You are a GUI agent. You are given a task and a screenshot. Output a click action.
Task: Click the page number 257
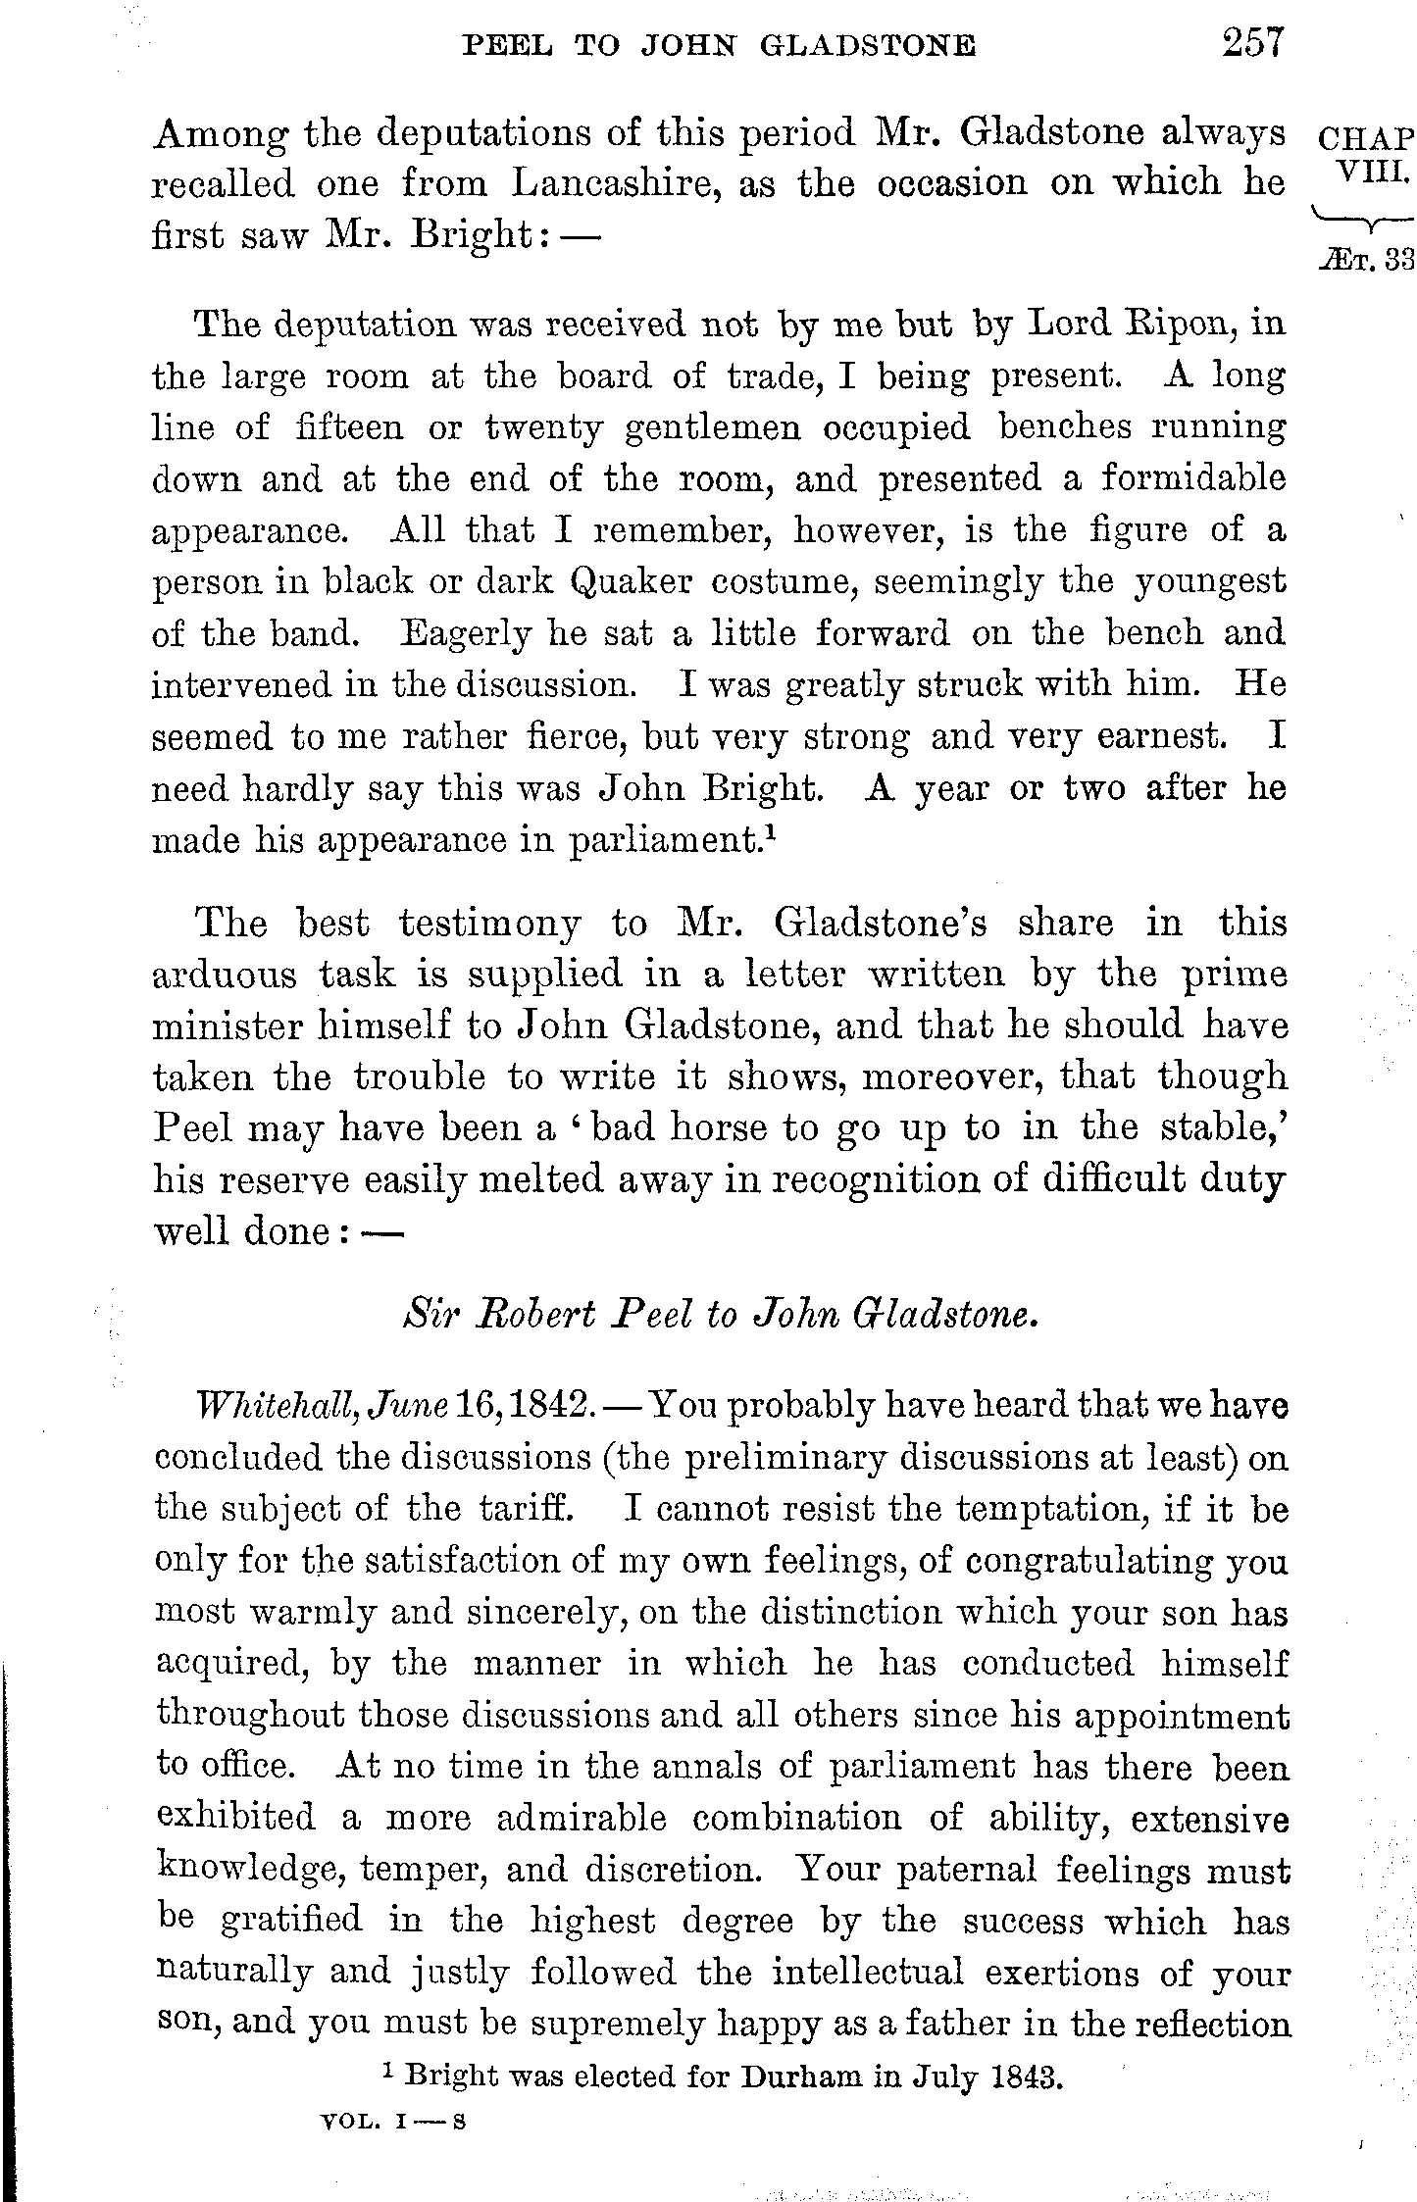(x=1252, y=46)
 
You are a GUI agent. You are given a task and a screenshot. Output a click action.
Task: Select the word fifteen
(x=348, y=428)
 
